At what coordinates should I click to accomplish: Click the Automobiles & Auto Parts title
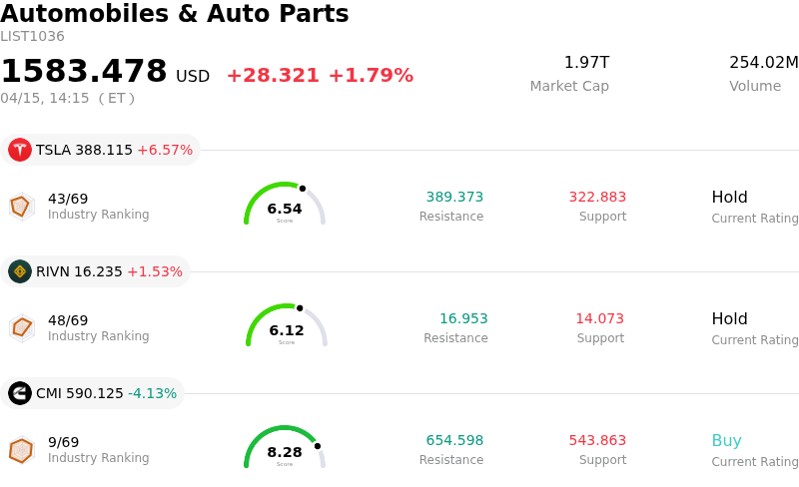click(175, 14)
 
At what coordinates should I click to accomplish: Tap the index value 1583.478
click(84, 72)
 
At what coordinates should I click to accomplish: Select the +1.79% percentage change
click(371, 76)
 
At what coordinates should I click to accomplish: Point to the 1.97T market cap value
click(586, 63)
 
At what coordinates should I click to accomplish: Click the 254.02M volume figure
click(763, 63)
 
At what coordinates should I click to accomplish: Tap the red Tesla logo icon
click(20, 150)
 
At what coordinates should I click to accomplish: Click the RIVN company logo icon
click(20, 271)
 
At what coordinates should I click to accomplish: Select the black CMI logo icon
click(20, 393)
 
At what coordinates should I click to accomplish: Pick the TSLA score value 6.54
click(285, 209)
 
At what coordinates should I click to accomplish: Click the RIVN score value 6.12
click(287, 330)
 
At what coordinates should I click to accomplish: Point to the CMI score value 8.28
click(285, 452)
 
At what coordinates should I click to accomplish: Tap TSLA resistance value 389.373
click(454, 197)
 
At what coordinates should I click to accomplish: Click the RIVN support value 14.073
click(599, 318)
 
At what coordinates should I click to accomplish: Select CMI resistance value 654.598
click(454, 440)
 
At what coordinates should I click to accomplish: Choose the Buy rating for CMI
click(726, 440)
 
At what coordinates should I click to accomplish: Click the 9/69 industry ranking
click(63, 442)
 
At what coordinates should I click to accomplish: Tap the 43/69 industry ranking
click(68, 199)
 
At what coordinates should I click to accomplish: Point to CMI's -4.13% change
click(153, 393)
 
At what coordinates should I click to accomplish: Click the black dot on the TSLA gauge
click(303, 188)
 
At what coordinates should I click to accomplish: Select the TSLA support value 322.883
click(597, 197)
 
